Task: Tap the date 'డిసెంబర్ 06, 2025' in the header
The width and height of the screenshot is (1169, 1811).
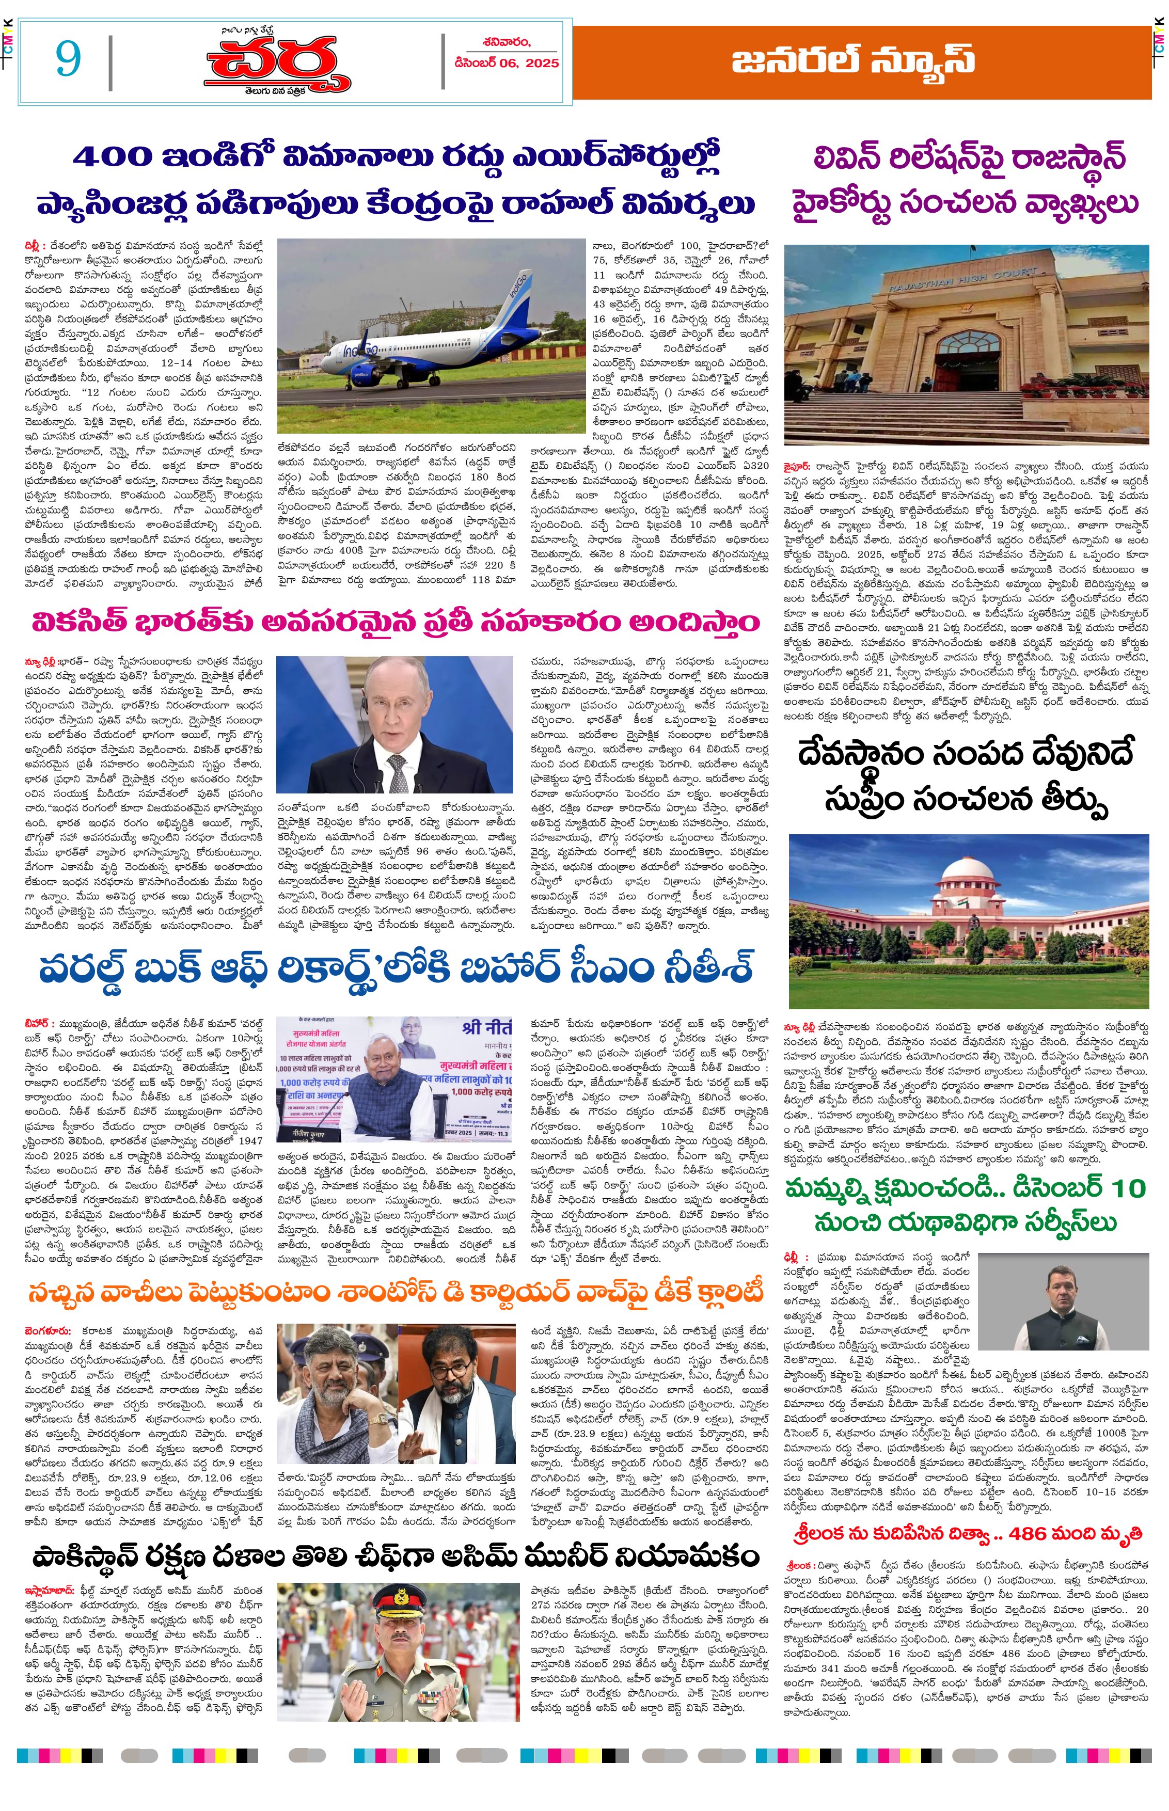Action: [507, 63]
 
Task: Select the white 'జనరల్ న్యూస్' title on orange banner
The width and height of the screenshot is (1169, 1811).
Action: [852, 61]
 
